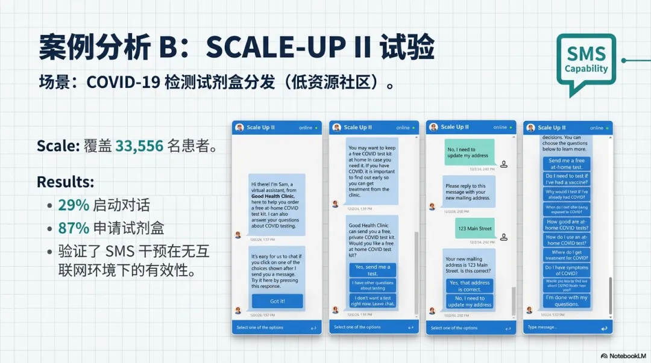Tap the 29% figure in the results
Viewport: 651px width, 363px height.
(x=73, y=205)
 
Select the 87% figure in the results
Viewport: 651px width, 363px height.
(x=73, y=228)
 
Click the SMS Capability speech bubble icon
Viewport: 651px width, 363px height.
(x=586, y=63)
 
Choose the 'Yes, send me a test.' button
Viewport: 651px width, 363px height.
(x=373, y=270)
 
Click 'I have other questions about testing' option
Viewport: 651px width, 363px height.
(x=373, y=285)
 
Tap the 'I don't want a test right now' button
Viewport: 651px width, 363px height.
(x=373, y=300)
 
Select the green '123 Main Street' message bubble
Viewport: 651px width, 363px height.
(x=474, y=229)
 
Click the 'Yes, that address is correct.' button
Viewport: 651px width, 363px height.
(x=470, y=285)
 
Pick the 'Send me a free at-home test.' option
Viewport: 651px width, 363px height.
(x=567, y=164)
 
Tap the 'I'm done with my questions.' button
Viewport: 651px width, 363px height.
(x=567, y=300)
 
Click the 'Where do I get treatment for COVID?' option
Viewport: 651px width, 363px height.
(x=567, y=255)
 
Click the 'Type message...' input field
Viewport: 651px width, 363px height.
(x=561, y=327)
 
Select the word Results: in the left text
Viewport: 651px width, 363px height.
(x=65, y=182)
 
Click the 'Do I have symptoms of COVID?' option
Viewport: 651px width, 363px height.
(x=567, y=270)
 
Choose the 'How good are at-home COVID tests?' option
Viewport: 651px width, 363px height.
(x=567, y=224)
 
